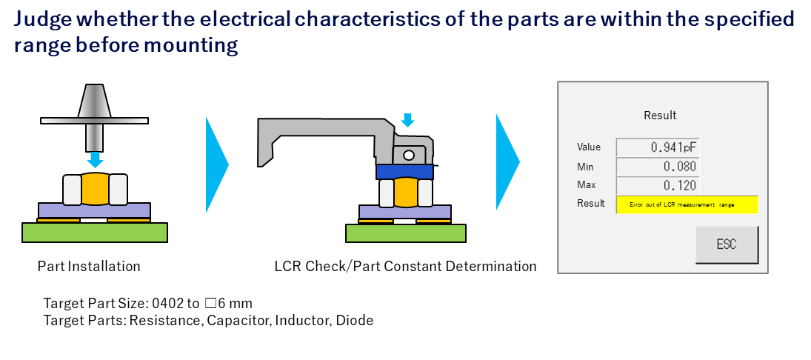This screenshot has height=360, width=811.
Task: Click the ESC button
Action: (727, 244)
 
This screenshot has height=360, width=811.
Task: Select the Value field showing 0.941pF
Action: (657, 147)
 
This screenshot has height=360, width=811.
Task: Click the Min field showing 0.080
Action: (657, 166)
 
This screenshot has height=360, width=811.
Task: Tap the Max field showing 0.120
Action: (657, 185)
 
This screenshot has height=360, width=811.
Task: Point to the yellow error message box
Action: (687, 204)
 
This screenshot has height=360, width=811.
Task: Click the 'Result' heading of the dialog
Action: (660, 116)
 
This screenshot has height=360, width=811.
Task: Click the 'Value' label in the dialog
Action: (589, 147)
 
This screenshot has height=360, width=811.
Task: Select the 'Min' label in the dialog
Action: (585, 166)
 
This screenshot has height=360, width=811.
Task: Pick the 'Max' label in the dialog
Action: (586, 185)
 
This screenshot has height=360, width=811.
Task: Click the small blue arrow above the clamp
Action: (407, 120)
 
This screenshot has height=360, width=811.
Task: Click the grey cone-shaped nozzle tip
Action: (95, 101)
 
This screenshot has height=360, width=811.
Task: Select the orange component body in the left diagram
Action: (95, 190)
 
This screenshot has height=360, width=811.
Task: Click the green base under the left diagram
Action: (95, 232)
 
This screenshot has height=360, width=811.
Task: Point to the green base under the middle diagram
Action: (405, 233)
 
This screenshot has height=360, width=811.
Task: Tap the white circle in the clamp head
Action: (407, 155)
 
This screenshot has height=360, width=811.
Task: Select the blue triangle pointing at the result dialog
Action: (507, 162)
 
